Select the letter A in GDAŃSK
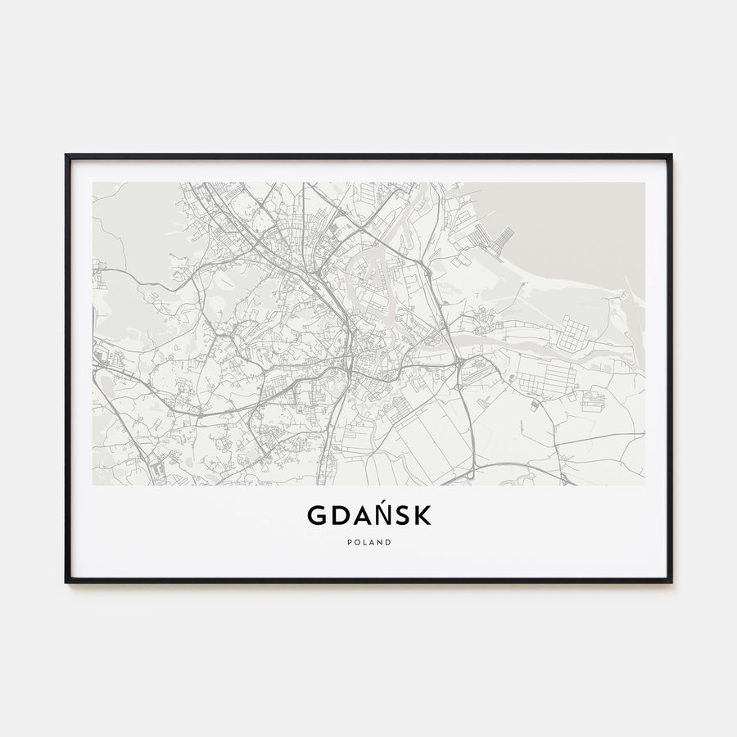click(363, 515)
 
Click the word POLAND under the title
click(368, 542)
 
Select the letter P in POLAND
click(348, 542)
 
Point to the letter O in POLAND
click(356, 542)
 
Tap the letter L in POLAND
click(364, 542)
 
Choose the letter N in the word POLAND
click(381, 542)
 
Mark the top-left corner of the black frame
click(67, 156)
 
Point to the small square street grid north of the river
click(575, 331)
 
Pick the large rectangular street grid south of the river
click(546, 378)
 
